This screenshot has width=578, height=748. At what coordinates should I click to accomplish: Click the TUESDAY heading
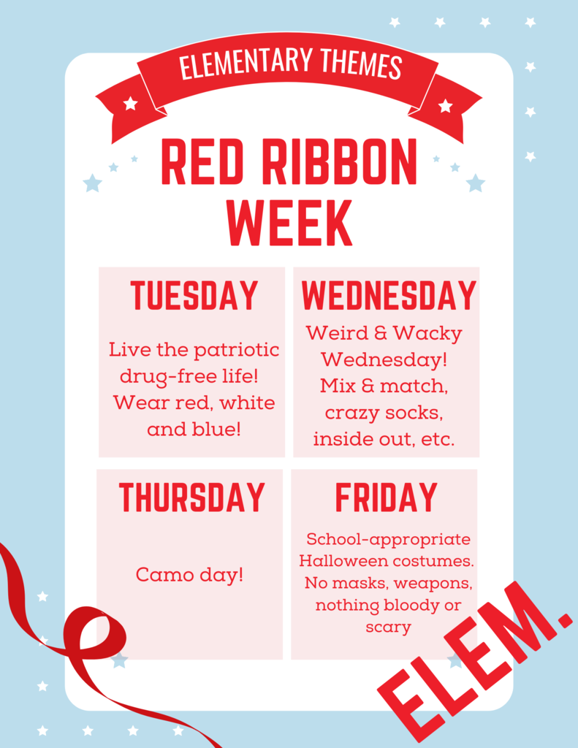[x=194, y=295]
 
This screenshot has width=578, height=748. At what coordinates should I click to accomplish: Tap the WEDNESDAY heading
[x=389, y=295]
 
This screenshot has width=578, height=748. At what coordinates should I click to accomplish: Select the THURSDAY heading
[x=192, y=497]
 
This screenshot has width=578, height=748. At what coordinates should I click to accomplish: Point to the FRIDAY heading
[x=386, y=497]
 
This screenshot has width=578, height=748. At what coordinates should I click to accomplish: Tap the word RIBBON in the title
[x=340, y=161]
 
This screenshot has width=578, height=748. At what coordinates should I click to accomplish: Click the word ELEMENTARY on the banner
[x=246, y=64]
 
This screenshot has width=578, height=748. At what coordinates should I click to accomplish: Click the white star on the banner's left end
[x=130, y=103]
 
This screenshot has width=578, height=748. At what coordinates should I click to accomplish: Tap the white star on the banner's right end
[x=445, y=105]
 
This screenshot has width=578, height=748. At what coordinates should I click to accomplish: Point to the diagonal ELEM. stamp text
[x=475, y=660]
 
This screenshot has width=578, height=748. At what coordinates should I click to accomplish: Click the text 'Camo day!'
[x=189, y=575]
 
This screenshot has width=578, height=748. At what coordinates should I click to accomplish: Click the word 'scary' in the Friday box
[x=389, y=627]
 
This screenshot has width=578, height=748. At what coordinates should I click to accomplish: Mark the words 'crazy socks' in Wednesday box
[x=384, y=413]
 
